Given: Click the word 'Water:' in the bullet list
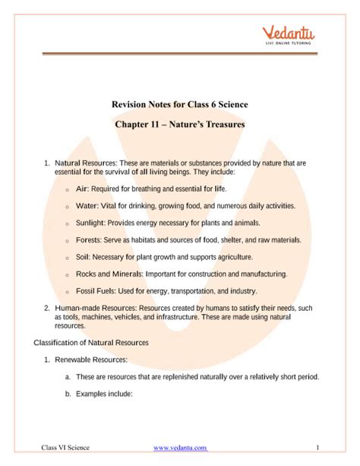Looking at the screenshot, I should [x=89, y=205].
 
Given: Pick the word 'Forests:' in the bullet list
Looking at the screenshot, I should [x=92, y=239].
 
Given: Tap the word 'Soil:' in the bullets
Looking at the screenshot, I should [x=85, y=257].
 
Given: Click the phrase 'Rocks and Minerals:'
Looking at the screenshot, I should [x=112, y=274].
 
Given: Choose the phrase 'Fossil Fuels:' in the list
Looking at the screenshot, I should [x=99, y=291].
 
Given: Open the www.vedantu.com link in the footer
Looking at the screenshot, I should [x=179, y=449].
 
